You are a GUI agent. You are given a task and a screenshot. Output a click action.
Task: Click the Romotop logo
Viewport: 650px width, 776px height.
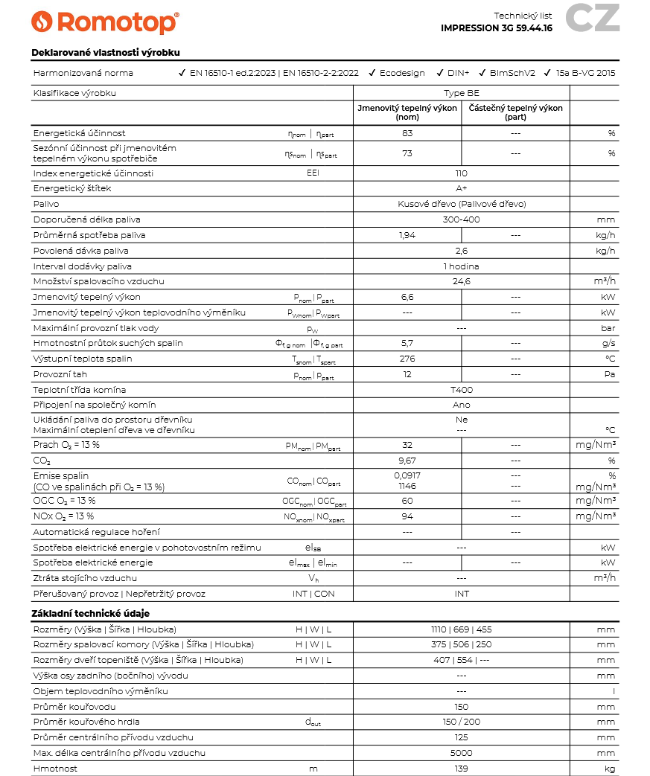pyautogui.click(x=105, y=22)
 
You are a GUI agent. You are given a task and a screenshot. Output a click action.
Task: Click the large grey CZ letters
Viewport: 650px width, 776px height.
pyautogui.click(x=592, y=19)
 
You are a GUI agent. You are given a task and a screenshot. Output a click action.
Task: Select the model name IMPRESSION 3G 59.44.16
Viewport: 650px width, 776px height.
pyautogui.click(x=496, y=28)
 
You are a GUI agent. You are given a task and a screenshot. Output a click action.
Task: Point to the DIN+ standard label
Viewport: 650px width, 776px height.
pyautogui.click(x=458, y=73)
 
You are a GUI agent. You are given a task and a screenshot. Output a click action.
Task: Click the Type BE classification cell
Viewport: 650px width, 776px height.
pyautogui.click(x=461, y=93)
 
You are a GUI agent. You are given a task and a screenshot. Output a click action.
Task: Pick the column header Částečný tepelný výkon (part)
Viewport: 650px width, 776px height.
pyautogui.click(x=515, y=112)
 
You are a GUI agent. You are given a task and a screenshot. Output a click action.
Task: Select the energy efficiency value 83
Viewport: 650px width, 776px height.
pyautogui.click(x=407, y=133)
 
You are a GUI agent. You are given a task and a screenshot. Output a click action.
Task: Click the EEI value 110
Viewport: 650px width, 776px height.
pyautogui.click(x=461, y=173)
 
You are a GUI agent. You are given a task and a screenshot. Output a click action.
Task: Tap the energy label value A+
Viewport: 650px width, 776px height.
pyautogui.click(x=461, y=188)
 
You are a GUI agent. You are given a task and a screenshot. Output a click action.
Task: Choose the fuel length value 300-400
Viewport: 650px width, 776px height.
pyautogui.click(x=461, y=219)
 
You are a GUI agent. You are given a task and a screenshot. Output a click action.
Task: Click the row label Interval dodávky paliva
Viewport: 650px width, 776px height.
pyautogui.click(x=83, y=266)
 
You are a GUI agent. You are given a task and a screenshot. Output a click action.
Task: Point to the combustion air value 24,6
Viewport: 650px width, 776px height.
pyautogui.click(x=461, y=281)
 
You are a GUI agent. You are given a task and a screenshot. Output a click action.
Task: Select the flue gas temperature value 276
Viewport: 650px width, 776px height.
pyautogui.click(x=407, y=359)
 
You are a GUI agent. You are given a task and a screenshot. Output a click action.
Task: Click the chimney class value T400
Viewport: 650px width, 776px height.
pyautogui.click(x=461, y=390)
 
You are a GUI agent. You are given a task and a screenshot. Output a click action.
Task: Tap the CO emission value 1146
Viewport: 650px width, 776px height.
pyautogui.click(x=407, y=486)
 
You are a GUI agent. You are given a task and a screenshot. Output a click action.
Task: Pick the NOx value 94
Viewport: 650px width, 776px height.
pyautogui.click(x=407, y=516)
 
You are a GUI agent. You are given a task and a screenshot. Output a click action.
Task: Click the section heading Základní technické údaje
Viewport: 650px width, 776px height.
pyautogui.click(x=90, y=614)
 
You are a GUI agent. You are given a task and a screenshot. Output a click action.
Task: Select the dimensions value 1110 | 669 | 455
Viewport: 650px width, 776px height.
pyautogui.click(x=461, y=629)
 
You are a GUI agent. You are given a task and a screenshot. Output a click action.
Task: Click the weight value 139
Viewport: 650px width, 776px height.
pyautogui.click(x=461, y=769)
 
